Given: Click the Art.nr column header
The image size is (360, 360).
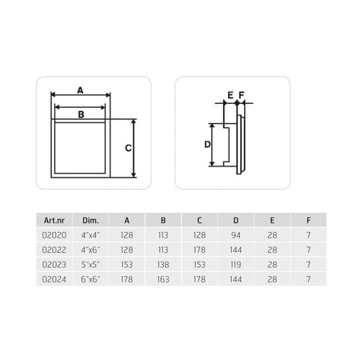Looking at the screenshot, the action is [x=54, y=221].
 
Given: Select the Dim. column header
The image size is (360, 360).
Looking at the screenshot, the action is [x=90, y=221].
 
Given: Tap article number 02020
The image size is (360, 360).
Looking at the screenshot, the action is [x=54, y=235].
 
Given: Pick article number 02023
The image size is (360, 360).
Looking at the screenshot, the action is [x=54, y=265].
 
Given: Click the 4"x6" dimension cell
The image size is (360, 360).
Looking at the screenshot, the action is [x=90, y=250].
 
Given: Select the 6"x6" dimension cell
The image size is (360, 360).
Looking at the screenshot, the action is [x=90, y=279].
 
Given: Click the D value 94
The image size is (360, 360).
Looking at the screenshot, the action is [x=236, y=235].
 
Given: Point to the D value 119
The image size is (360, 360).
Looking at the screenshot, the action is [x=236, y=265].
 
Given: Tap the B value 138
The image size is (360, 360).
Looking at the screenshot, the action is [x=163, y=265].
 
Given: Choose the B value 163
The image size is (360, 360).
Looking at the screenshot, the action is [x=163, y=279].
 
